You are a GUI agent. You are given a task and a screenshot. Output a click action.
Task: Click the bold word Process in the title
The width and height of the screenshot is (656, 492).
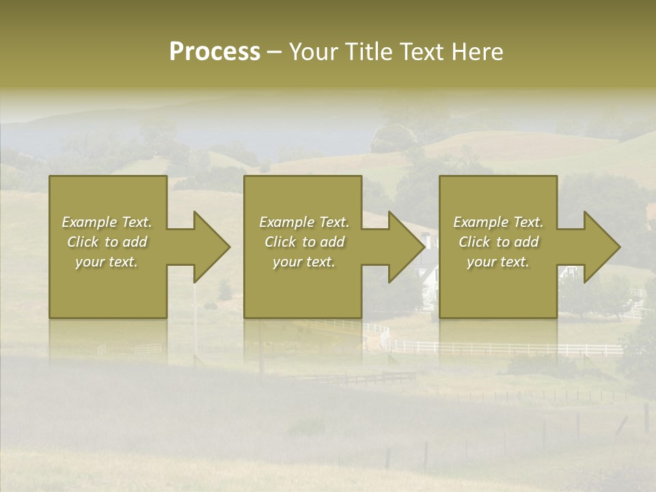[215, 52]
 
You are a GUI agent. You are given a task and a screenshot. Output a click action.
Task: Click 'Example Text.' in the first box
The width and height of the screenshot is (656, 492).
[107, 222]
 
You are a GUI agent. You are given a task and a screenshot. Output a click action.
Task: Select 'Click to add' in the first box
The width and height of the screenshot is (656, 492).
[107, 242]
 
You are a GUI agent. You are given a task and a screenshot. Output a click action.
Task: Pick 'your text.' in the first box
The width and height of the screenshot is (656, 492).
[107, 262]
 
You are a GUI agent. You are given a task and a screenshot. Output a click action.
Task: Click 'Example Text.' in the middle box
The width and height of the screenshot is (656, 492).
[304, 222]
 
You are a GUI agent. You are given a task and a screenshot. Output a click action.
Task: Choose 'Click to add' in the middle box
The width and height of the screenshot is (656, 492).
[304, 242]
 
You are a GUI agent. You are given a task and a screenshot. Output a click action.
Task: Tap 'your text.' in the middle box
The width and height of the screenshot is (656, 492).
[304, 262]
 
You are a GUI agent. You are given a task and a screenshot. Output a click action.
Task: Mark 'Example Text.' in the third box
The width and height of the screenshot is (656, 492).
[498, 222]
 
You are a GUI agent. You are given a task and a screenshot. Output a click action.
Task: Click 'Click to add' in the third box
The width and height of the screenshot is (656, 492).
[498, 242]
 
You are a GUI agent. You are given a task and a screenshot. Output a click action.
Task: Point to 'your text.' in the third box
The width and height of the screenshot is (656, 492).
[498, 262]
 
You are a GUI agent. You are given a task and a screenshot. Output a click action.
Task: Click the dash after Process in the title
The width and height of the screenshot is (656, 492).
[274, 53]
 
